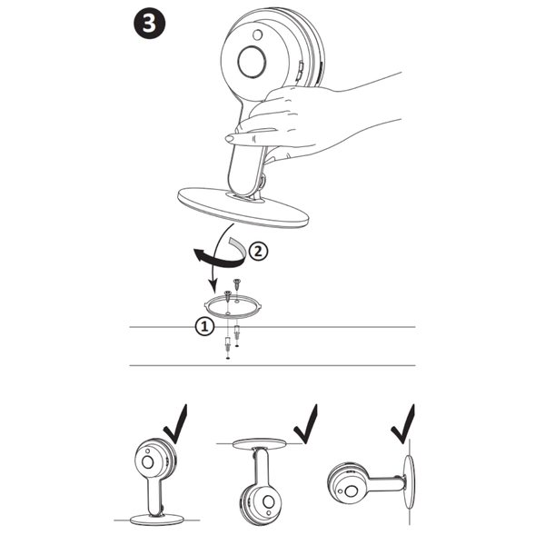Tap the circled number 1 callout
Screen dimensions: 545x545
[x=205, y=326]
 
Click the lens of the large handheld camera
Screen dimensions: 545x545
[x=251, y=64]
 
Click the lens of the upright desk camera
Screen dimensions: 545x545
[x=145, y=461]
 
